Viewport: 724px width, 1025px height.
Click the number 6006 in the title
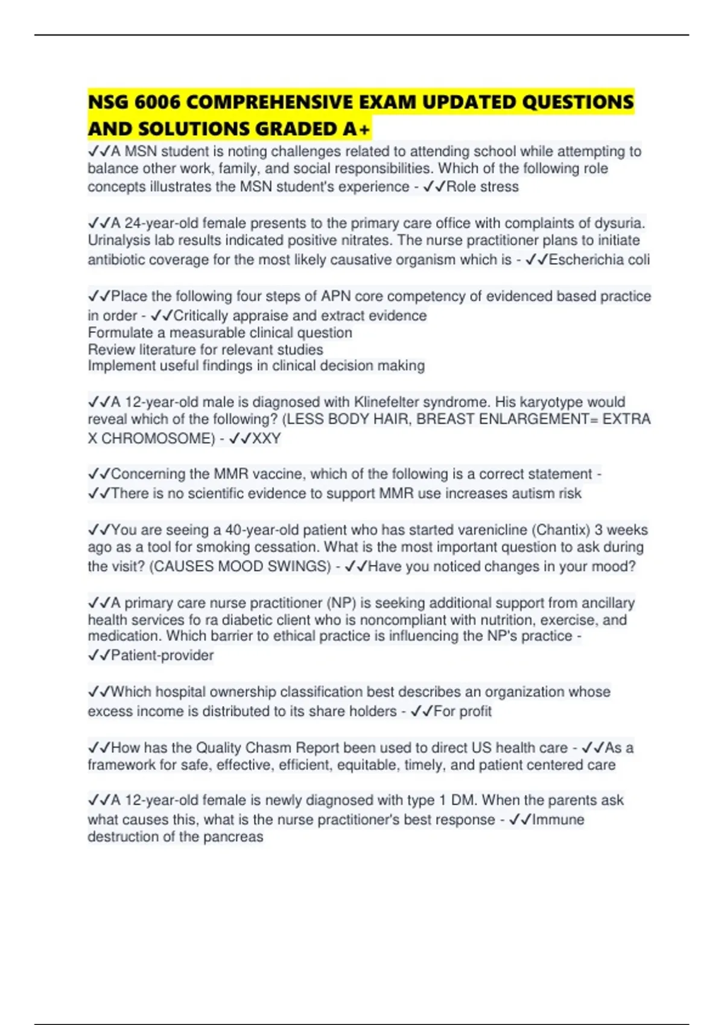(x=157, y=102)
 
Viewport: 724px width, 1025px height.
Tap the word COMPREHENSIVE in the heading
(x=271, y=102)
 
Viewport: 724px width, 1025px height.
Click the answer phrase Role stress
(x=482, y=187)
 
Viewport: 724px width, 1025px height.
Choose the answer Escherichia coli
(x=599, y=260)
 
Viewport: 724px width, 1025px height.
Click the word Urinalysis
(x=119, y=240)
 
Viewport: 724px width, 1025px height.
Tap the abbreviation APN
(x=336, y=296)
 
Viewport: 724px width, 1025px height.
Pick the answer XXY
(x=266, y=438)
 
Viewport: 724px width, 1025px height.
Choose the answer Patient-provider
(x=162, y=655)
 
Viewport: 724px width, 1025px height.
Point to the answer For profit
(x=462, y=711)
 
